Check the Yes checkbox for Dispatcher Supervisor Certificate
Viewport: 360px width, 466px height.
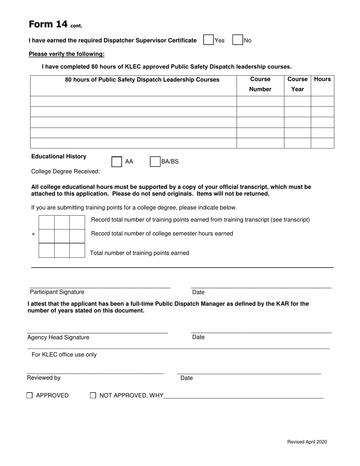click(208, 40)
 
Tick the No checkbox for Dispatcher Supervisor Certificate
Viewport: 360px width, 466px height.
click(238, 40)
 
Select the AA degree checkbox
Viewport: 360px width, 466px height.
click(117, 162)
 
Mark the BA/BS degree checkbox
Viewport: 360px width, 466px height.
click(155, 162)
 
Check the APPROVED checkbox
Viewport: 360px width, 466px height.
click(30, 396)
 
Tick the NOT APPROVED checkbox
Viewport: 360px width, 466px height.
click(93, 396)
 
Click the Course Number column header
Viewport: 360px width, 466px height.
click(260, 84)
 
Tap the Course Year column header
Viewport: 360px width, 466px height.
click(297, 84)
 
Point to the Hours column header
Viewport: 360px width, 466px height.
click(322, 79)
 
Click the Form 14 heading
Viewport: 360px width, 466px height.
click(55, 25)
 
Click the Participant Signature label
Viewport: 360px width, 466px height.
click(57, 292)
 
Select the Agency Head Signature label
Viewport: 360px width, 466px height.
click(58, 338)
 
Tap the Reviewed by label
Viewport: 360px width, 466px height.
click(44, 378)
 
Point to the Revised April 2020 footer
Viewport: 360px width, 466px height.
click(307, 442)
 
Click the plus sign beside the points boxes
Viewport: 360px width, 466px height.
click(33, 234)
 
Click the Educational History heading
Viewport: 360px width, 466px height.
click(59, 156)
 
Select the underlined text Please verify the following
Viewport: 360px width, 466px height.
click(67, 54)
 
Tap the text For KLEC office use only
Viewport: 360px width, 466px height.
click(64, 355)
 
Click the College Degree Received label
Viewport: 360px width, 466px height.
click(66, 172)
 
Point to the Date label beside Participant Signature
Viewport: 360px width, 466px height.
click(198, 292)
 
